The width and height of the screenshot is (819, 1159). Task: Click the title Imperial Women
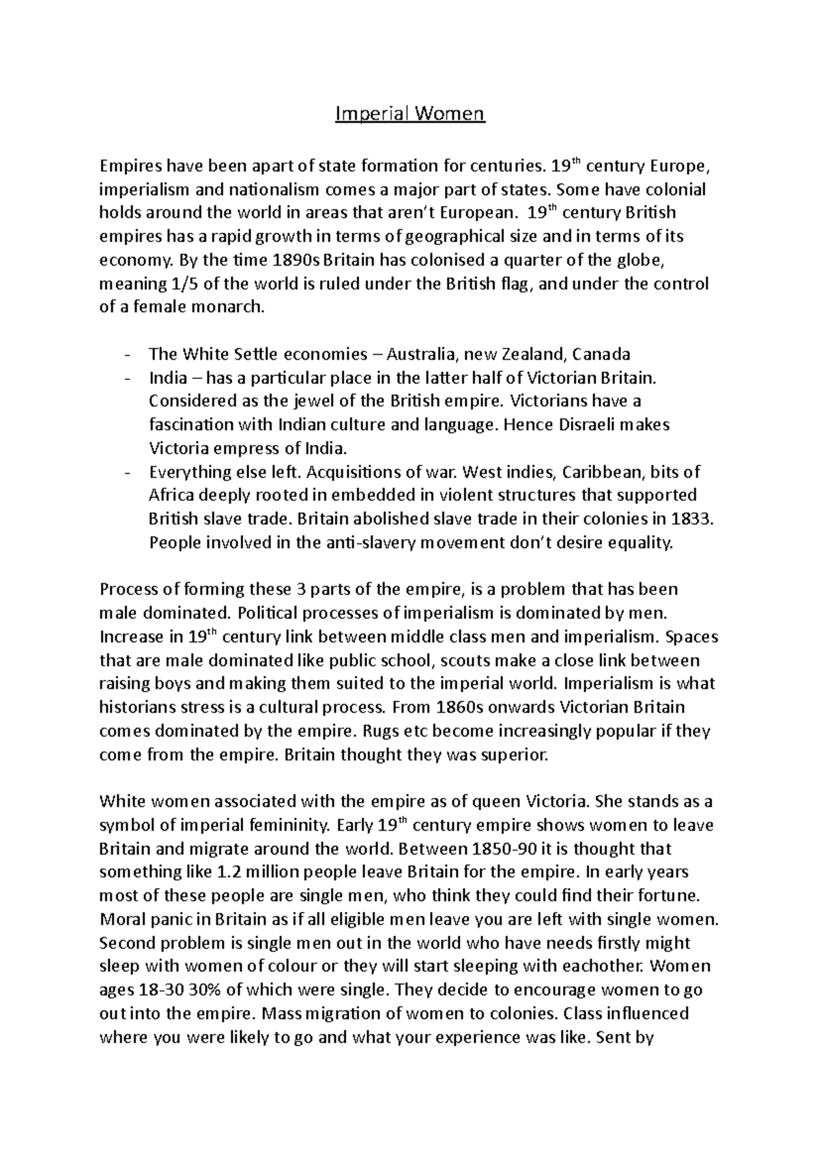tap(409, 113)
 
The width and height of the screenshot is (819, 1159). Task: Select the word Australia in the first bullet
tap(422, 354)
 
